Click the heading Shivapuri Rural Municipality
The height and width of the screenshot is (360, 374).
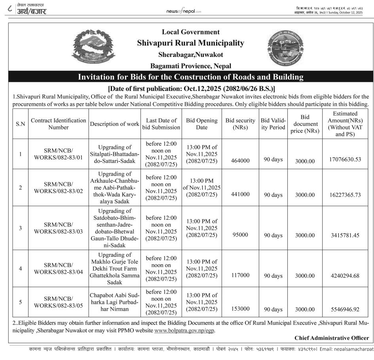190,43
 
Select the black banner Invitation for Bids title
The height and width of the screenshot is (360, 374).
190,77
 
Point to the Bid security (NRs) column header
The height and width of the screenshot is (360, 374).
240,123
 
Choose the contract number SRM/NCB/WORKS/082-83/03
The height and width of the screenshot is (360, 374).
59,228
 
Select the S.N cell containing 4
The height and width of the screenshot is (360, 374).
20,269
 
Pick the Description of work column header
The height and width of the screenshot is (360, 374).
114,124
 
